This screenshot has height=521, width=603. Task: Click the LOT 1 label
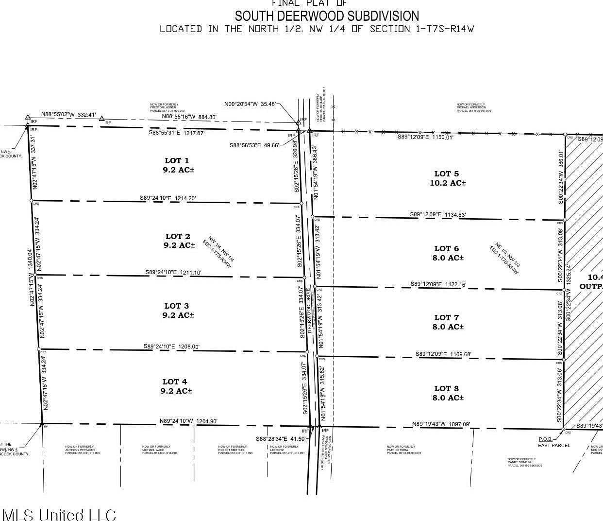tap(177, 161)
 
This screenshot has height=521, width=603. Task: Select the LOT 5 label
tap(446, 174)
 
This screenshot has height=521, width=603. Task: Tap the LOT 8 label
tap(446, 389)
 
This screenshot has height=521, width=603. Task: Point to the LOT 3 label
tap(177, 306)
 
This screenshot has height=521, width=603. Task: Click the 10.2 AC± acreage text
tap(448, 183)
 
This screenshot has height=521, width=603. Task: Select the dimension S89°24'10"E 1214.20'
tap(168, 198)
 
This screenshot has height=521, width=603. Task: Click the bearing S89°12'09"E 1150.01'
tap(425, 137)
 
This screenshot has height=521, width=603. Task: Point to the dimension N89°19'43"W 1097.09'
tap(441, 424)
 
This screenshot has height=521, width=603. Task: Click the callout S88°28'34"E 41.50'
tap(281, 439)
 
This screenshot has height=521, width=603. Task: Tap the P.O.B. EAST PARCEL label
tap(554, 442)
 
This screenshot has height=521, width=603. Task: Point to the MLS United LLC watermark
tap(59, 514)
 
